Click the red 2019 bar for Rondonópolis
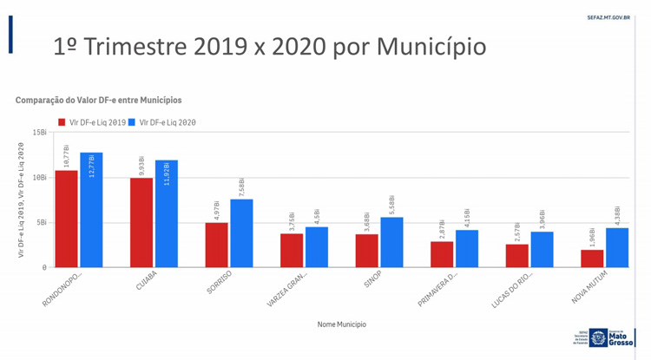67,219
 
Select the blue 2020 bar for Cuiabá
166,213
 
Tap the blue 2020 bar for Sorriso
241,233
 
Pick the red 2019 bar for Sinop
366,251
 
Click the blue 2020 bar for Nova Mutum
617,247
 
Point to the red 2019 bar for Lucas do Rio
516,256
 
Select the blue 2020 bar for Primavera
467,248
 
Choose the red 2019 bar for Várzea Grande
292,251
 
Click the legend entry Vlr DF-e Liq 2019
92,122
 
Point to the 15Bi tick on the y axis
39,133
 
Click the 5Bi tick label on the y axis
41,222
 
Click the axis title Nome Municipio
341,324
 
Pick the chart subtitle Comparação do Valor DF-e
98,101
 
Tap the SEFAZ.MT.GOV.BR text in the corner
608,16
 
